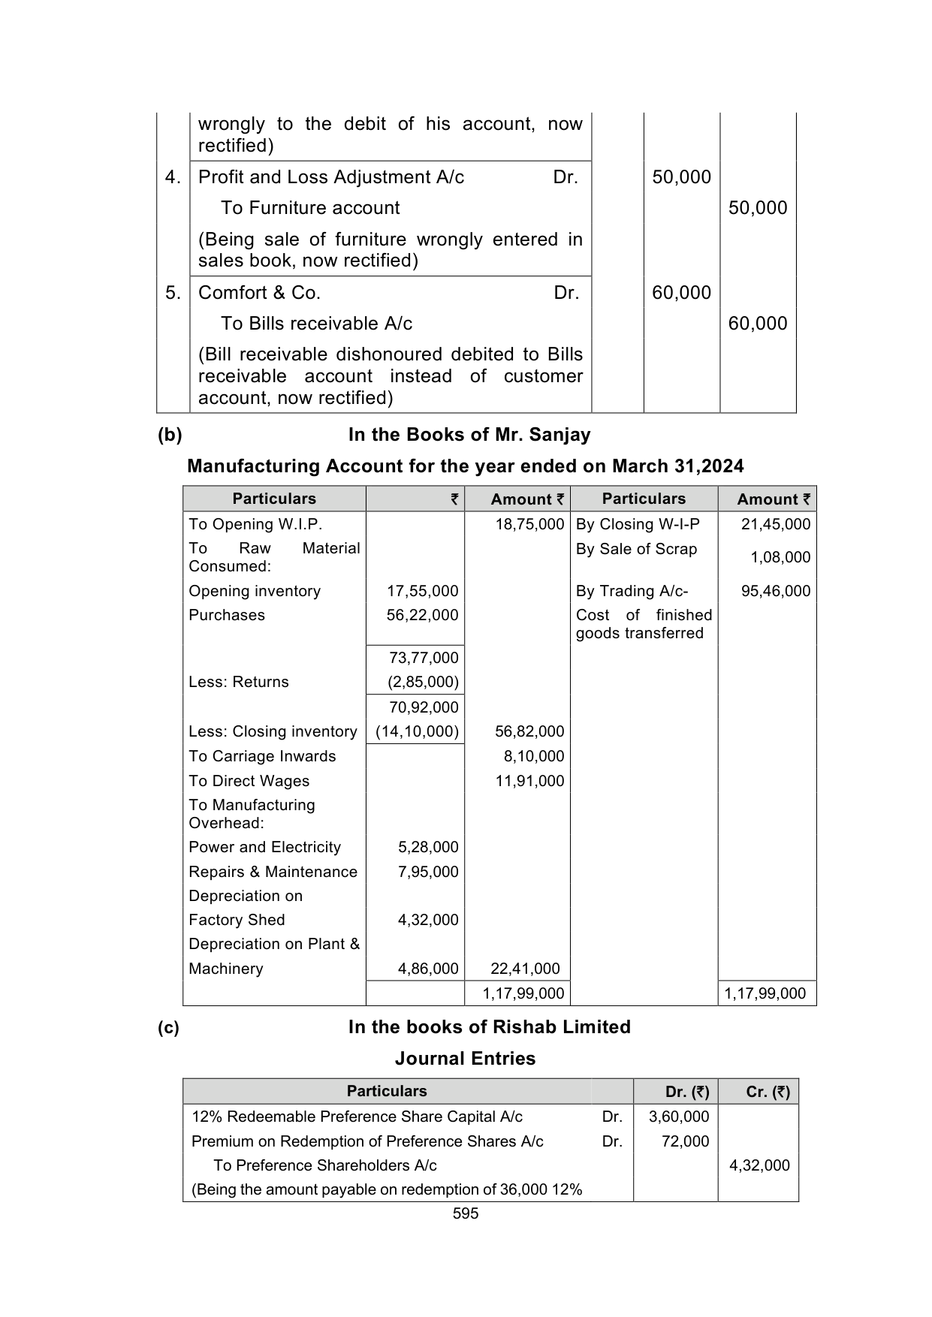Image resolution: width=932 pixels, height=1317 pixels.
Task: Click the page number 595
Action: tap(466, 1213)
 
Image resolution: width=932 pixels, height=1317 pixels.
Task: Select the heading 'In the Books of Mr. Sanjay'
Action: tap(469, 435)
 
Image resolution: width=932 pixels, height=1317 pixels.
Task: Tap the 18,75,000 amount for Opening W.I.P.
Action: tap(529, 524)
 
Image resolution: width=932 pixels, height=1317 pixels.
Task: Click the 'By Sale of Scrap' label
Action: tap(636, 549)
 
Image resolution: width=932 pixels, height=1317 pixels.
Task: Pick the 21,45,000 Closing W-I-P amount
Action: tap(775, 524)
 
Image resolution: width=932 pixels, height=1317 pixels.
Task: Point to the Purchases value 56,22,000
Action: tap(422, 615)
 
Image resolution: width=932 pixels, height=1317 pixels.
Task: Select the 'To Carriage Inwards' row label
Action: tap(262, 756)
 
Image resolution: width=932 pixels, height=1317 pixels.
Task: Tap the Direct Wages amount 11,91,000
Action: tap(529, 781)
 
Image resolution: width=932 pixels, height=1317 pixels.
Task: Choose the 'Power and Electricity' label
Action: tap(264, 847)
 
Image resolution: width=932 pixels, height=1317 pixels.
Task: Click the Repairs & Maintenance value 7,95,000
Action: tap(428, 872)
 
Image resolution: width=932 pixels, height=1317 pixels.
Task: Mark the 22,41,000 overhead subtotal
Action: tap(525, 969)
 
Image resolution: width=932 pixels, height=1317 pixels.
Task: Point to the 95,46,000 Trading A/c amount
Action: tap(775, 591)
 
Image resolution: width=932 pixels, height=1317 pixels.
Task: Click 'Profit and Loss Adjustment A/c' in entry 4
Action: tap(331, 177)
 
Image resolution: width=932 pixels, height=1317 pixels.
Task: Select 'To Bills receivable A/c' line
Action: tap(316, 324)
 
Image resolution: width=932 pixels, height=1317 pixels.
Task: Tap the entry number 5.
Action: tap(173, 293)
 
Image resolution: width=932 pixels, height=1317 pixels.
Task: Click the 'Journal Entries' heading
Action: tap(465, 1059)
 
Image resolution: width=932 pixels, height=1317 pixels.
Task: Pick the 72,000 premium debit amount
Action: tap(685, 1141)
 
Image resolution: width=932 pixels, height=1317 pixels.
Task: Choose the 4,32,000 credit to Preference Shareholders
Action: tap(759, 1165)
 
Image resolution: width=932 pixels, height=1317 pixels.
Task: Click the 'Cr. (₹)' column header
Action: tap(768, 1092)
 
